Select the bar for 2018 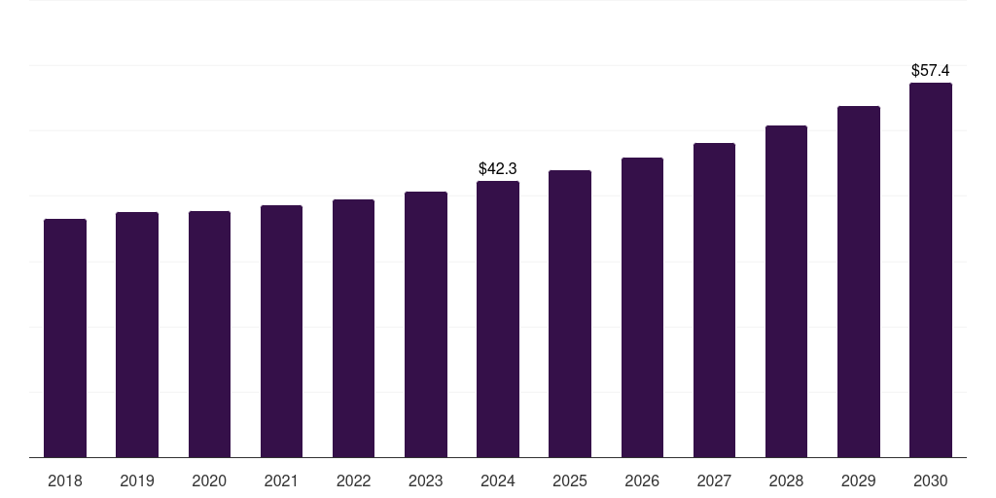(65, 338)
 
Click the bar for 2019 (137, 335)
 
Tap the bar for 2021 (281, 331)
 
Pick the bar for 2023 (426, 324)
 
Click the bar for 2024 (498, 319)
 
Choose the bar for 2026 (642, 307)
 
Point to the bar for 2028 (786, 291)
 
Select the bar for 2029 (859, 281)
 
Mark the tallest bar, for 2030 (931, 269)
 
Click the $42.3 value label (498, 169)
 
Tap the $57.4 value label (931, 71)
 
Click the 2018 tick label (65, 480)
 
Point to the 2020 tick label (209, 480)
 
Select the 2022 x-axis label (353, 480)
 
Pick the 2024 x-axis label (498, 480)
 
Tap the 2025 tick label (570, 480)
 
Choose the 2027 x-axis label (714, 480)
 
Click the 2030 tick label (931, 480)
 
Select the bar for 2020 (209, 334)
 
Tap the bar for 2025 (570, 313)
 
